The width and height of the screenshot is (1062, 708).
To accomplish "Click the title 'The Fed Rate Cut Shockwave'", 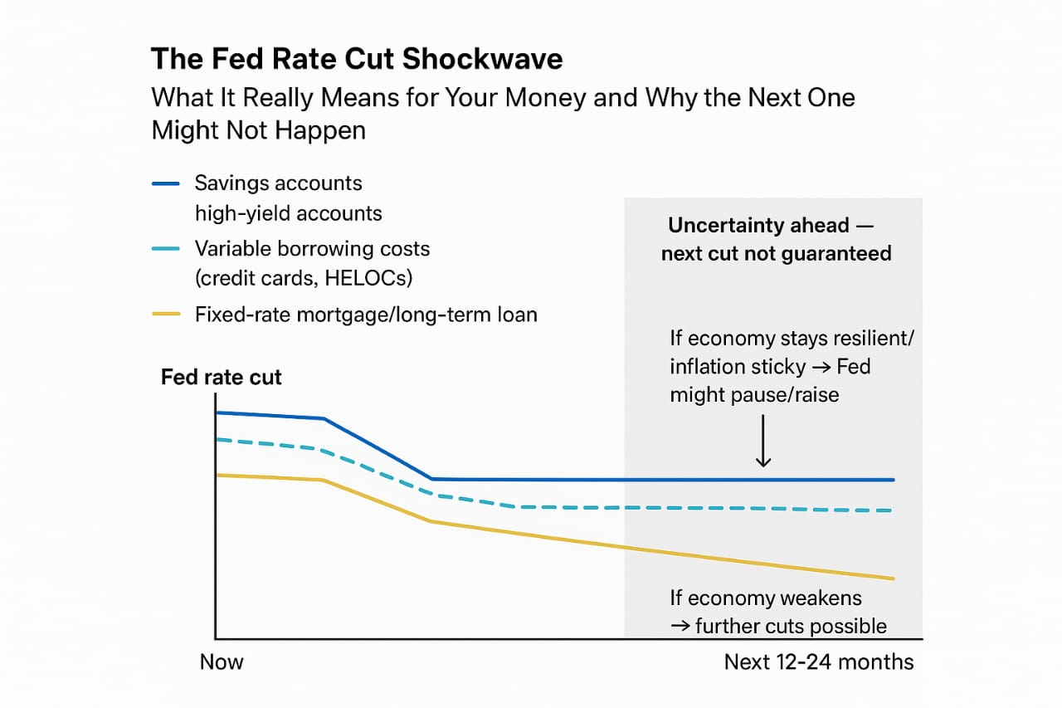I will (x=357, y=59).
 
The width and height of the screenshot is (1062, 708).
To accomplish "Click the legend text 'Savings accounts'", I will (x=278, y=183).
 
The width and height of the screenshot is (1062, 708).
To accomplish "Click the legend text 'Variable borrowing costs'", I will (x=312, y=248).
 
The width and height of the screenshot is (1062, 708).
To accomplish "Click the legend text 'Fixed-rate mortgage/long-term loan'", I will (x=366, y=315).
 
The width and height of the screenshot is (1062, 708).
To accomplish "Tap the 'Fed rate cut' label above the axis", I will (x=222, y=377).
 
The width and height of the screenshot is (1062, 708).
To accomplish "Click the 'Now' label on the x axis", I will (x=222, y=662).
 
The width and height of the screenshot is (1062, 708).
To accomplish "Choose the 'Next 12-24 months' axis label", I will (x=819, y=662).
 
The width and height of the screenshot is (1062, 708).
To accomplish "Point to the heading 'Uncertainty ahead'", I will (x=759, y=226).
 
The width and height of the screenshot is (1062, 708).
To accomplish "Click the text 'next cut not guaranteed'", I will (x=777, y=253).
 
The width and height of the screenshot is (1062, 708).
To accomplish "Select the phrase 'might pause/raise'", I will (x=754, y=394).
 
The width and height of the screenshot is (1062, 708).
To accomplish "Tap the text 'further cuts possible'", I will (x=791, y=626).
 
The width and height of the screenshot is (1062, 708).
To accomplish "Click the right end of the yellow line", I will (x=893, y=578).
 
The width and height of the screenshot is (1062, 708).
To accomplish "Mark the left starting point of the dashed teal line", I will (x=217, y=439).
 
